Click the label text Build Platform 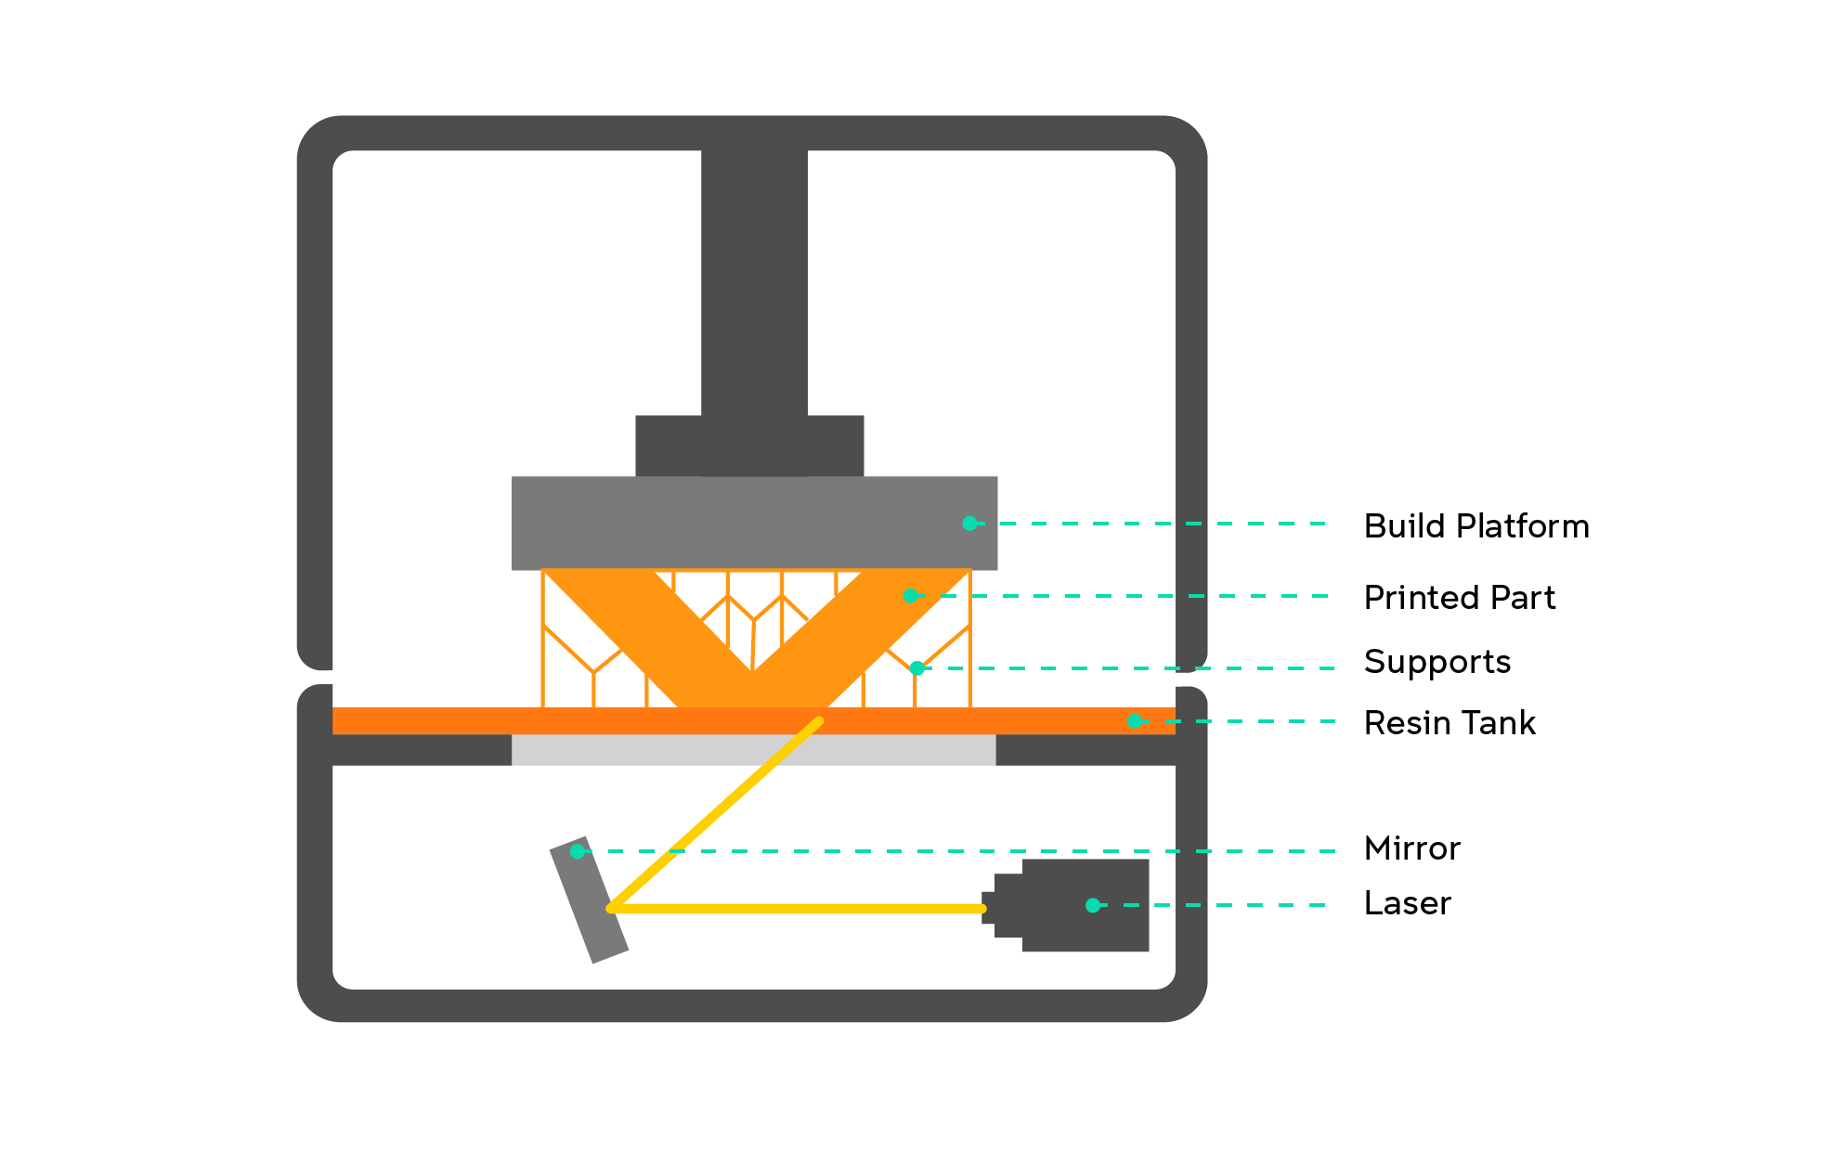1476,526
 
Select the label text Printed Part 1459,598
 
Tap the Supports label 1436,663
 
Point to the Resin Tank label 1449,723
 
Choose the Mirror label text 1411,848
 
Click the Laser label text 1407,903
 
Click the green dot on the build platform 969,524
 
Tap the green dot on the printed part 910,596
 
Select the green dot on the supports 916,668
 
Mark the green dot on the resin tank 1134,721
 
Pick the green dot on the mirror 578,851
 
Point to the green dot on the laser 1093,905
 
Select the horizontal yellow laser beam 799,909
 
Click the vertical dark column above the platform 754,278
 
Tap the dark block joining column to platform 669,446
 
